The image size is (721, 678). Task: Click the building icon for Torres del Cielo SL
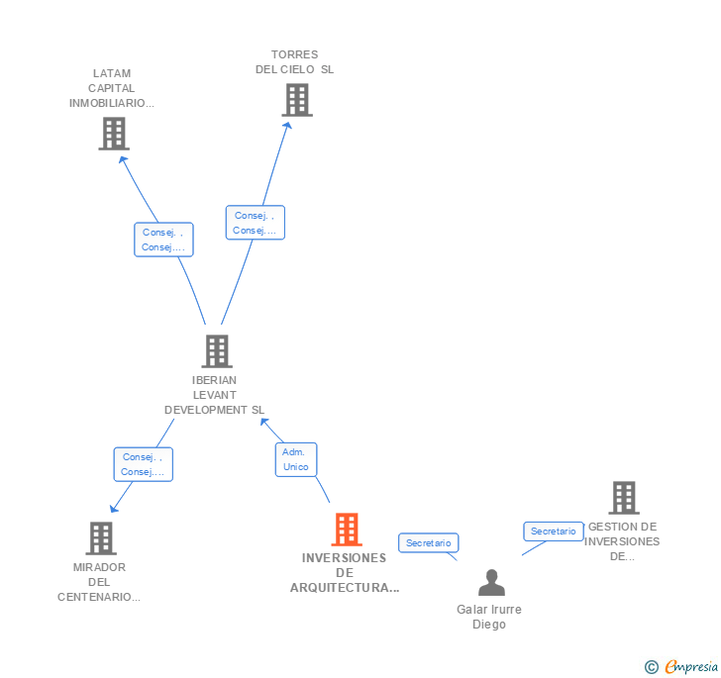[x=297, y=100]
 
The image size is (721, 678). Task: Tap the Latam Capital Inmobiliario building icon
[x=114, y=134]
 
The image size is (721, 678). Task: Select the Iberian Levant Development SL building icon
[x=216, y=350]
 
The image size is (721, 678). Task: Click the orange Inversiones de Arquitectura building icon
[x=346, y=530]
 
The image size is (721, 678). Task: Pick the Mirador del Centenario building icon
[x=101, y=538]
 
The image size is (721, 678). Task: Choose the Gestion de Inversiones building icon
[x=623, y=498]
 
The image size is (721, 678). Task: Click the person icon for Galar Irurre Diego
[x=490, y=583]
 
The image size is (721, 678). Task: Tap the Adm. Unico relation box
[x=295, y=459]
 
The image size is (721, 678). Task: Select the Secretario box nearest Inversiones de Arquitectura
[x=429, y=542]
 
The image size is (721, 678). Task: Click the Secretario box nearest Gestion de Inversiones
[x=553, y=532]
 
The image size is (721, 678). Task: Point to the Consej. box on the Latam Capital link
[x=163, y=240]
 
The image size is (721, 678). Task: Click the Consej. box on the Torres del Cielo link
[x=255, y=223]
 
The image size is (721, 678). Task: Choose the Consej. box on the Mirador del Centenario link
[x=143, y=464]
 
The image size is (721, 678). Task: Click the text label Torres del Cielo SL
[x=295, y=62]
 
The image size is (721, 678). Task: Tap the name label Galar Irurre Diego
[x=489, y=617]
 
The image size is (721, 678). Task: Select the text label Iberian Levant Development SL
[x=215, y=395]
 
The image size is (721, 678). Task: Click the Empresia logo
[x=691, y=666]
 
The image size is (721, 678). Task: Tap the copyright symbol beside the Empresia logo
[x=652, y=667]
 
